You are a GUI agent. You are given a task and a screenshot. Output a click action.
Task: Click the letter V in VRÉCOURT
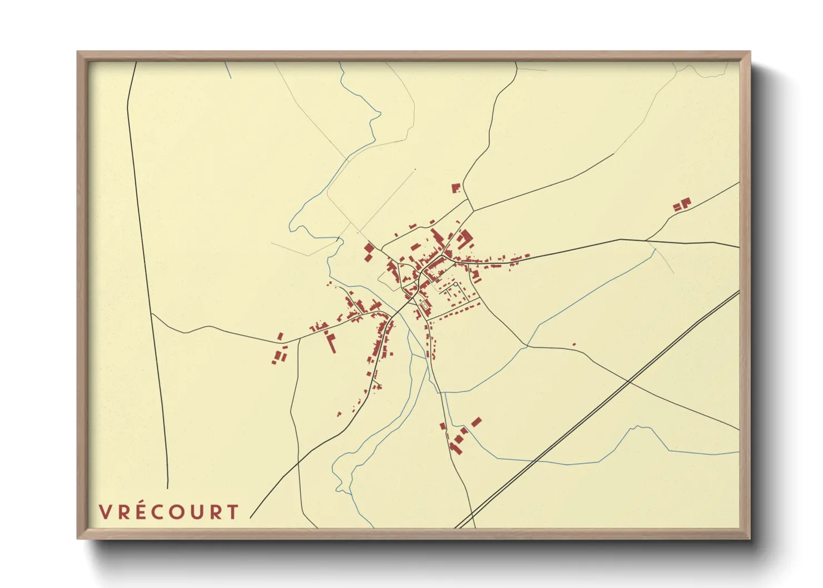coord(106,512)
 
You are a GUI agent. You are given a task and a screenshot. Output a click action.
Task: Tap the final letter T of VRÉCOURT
coord(233,512)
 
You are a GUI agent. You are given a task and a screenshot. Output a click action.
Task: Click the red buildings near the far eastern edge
coord(682,204)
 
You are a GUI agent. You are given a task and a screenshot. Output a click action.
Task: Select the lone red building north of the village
coord(456,188)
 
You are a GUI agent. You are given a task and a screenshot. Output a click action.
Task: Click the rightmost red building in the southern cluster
coord(476,422)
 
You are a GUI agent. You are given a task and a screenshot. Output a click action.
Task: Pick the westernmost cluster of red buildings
coord(280,352)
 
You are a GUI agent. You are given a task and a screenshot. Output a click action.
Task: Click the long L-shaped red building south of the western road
coord(331,342)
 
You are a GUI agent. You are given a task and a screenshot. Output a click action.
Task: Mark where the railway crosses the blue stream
coord(534,461)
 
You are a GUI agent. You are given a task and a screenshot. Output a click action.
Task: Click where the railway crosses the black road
coord(627,382)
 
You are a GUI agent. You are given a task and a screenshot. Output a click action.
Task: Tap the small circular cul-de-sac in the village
coord(455,284)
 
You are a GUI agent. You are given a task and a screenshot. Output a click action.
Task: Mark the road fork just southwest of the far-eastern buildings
coord(646,240)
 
